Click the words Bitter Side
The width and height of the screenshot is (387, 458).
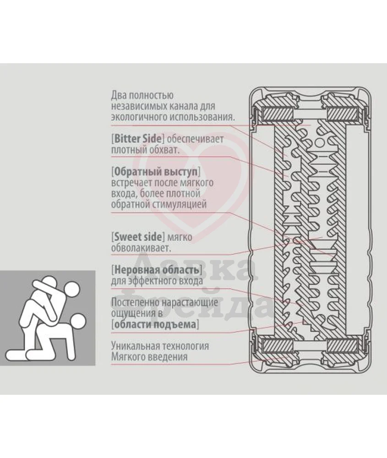[137, 138]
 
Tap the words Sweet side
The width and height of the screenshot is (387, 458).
[138, 237]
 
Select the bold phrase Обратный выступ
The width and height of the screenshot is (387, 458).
[156, 171]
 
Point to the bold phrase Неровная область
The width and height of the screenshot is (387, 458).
[157, 270]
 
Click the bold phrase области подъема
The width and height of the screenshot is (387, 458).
[155, 324]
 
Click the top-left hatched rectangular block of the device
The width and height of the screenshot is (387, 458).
[278, 113]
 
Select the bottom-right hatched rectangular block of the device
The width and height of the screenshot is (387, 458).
[342, 346]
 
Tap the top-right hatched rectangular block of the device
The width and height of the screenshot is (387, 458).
[342, 113]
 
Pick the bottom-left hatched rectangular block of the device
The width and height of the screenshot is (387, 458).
[278, 346]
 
